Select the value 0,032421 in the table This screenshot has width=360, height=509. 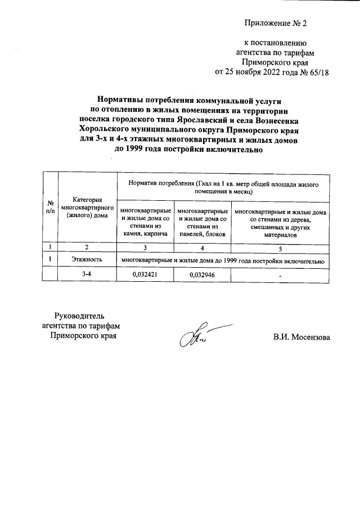coord(145,274)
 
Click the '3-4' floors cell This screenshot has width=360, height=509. coord(87,274)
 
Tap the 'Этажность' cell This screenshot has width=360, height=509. coord(87,260)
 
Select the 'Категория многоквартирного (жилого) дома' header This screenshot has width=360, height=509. coord(87,206)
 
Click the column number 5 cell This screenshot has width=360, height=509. coord(280,247)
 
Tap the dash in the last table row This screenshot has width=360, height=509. coord(280,275)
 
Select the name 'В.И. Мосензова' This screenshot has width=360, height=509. coord(301,337)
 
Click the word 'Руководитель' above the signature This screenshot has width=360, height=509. coord(79,315)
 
